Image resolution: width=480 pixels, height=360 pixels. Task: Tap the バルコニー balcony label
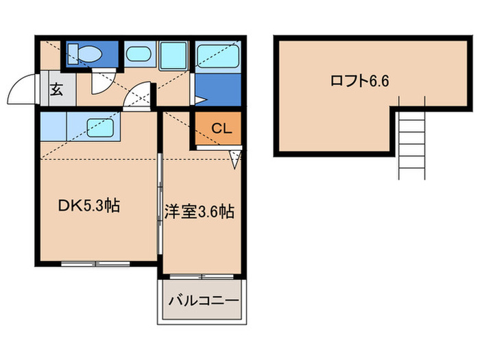[203, 301]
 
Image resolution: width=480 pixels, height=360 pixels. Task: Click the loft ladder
[411, 144]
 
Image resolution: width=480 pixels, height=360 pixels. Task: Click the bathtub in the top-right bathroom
[218, 54]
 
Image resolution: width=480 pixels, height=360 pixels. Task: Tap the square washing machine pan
[175, 54]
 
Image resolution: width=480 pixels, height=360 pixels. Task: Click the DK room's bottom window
[95, 263]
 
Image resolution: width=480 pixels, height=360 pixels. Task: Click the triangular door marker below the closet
[235, 160]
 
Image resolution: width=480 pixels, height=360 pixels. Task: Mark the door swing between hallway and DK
[141, 95]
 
